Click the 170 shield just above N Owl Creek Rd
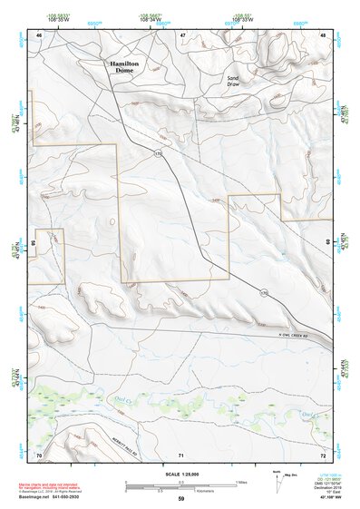tap(264, 292)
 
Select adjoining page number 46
tap(39, 34)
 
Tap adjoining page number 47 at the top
tap(182, 34)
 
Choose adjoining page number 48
tap(324, 34)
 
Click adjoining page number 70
tap(39, 454)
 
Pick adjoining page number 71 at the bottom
tap(182, 454)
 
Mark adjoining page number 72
tap(323, 454)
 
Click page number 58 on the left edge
tap(34, 242)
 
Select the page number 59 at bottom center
tap(181, 499)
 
